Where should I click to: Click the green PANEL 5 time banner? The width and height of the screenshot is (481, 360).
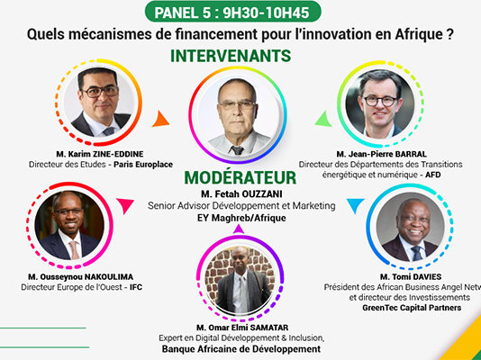point(232,13)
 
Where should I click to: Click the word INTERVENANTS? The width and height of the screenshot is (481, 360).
point(231,56)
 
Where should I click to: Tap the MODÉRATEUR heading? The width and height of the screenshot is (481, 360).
point(240,177)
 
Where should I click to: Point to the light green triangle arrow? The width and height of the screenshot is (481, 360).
point(323,119)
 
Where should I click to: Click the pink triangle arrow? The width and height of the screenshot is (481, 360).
point(125,205)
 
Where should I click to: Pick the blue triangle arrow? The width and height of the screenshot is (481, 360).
point(356,205)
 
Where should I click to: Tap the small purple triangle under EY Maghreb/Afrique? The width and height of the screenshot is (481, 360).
point(239,229)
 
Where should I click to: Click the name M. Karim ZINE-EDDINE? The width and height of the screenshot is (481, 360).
point(100,154)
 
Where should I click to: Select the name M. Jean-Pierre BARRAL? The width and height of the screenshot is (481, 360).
point(382,154)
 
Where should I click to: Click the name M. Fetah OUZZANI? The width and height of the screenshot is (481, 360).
point(241,193)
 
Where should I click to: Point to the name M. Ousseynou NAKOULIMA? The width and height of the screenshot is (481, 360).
point(81,277)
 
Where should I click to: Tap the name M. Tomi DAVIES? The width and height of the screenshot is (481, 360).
point(411,277)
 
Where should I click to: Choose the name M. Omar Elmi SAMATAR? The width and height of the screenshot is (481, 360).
point(242,328)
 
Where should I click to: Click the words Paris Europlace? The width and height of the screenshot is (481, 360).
point(143,165)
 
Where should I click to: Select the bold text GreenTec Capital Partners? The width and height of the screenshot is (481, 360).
point(412,308)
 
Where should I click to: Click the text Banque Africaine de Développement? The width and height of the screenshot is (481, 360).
point(241,349)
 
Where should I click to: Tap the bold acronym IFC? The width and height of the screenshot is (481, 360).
point(136,287)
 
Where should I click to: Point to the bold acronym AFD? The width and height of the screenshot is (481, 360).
point(433,175)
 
